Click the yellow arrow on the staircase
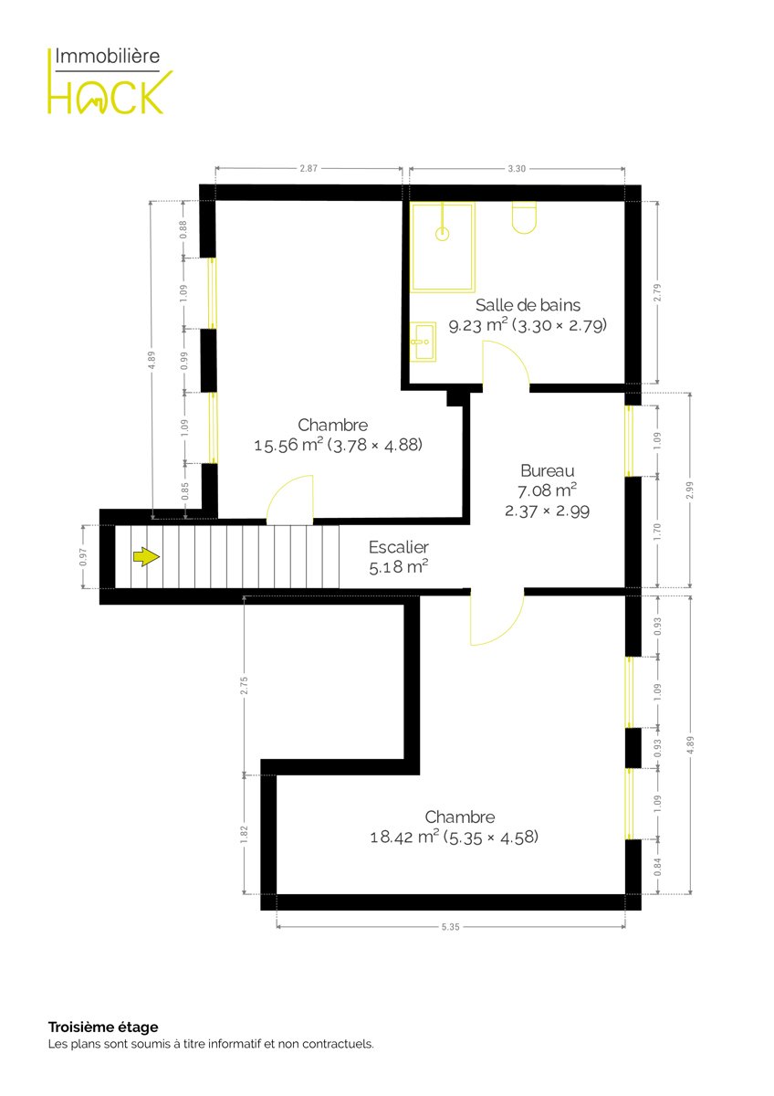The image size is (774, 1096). click(x=146, y=557)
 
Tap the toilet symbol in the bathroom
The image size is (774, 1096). click(x=524, y=217)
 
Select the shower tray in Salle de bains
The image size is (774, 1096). click(x=442, y=247)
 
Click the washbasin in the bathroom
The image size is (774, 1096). click(x=423, y=342)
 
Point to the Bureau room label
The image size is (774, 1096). click(x=547, y=470)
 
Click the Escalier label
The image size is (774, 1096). click(x=399, y=546)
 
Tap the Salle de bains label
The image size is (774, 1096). click(x=528, y=305)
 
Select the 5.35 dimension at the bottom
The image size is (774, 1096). click(x=450, y=927)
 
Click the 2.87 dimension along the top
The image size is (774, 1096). click(x=309, y=168)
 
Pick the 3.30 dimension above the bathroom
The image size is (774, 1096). click(x=517, y=169)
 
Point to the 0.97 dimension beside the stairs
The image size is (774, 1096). click(x=83, y=557)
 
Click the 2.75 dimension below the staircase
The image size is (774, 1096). click(x=244, y=686)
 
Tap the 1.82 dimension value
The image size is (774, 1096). click(x=244, y=834)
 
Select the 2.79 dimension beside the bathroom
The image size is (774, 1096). click(x=657, y=292)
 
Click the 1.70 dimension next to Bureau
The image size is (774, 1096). click(x=657, y=532)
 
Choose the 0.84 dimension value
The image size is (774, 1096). click(x=658, y=867)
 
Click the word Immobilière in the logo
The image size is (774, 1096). click(x=107, y=57)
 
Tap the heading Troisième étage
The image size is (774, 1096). click(x=103, y=1027)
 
